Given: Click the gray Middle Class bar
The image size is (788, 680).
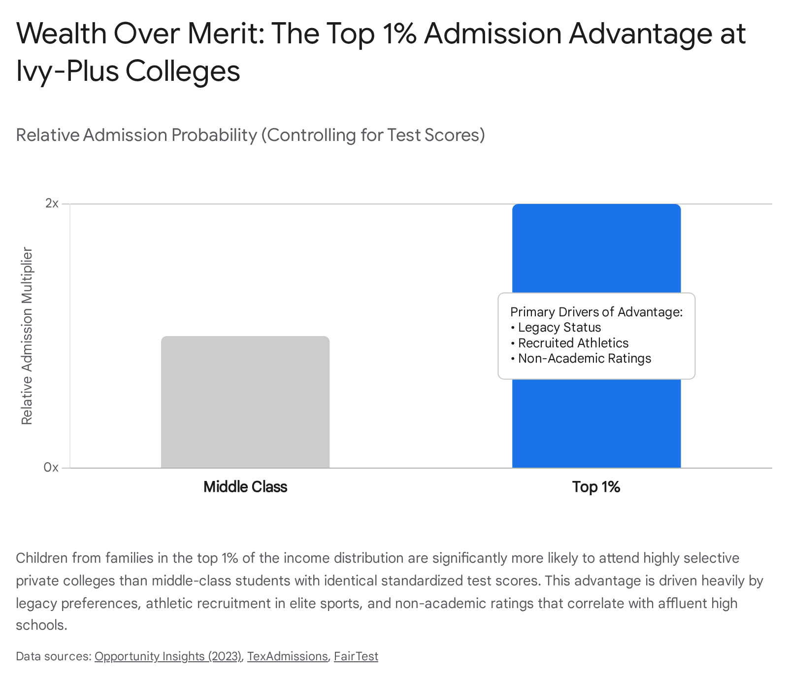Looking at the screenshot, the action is [x=245, y=402].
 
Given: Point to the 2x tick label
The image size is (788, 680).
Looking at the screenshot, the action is [x=52, y=203].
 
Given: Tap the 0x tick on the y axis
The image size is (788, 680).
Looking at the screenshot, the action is [x=51, y=467].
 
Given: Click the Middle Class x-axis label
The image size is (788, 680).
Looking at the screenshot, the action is [x=245, y=487].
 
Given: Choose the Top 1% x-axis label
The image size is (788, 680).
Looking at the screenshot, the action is [x=596, y=487].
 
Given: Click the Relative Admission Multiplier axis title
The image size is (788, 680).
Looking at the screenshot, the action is [x=27, y=336].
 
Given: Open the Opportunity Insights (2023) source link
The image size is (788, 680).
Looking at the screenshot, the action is [x=168, y=656].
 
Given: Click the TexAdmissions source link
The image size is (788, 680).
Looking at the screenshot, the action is [x=287, y=656].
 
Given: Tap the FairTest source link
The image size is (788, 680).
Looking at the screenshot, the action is [x=356, y=656].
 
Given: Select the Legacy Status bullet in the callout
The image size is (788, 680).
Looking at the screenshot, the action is [x=556, y=327].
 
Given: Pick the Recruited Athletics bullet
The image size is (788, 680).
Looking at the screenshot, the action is [x=570, y=343].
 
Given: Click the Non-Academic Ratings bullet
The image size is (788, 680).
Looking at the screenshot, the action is [x=581, y=358].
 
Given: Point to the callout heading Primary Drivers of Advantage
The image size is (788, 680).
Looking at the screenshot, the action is [x=596, y=312].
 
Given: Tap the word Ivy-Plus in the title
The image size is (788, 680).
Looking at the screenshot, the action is [x=67, y=70].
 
